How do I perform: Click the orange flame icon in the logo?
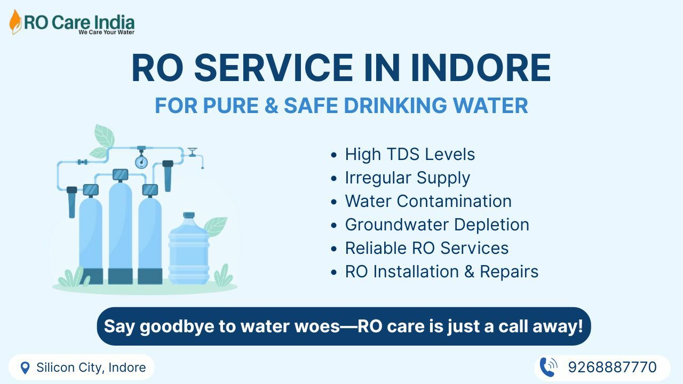coord(15,22)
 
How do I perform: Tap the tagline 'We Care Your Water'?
coord(106,32)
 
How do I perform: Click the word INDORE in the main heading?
coord(481,68)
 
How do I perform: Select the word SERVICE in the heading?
coord(274,68)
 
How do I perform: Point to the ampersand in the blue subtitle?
coord(272,106)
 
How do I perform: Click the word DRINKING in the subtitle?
coord(395,106)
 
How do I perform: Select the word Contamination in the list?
coord(454,201)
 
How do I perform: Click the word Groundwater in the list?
coord(396,225)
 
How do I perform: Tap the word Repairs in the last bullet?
coord(509,272)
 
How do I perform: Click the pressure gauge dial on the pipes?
coord(141,162)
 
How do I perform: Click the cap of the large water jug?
coord(189,215)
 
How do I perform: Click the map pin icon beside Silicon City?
coord(25,368)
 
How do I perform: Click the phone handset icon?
coord(547,367)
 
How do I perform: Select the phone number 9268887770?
coord(612,367)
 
